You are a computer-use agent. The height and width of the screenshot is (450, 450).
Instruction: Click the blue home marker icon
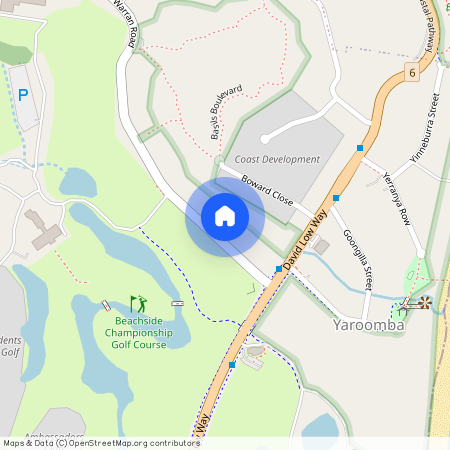coord(225,216)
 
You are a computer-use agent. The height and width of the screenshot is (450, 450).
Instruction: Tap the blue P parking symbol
coord(23,95)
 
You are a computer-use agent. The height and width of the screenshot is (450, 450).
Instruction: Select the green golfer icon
coord(138,302)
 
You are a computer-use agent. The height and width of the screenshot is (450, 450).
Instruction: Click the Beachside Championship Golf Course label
coord(138,332)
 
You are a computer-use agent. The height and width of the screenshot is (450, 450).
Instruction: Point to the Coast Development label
coord(277,159)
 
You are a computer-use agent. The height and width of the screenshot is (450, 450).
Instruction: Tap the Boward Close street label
coord(267,191)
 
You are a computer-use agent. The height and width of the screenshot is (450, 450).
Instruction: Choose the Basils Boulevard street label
coord(227,112)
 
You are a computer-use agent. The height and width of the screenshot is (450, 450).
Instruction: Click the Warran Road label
coord(128,22)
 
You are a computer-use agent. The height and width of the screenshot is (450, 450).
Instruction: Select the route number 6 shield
coord(411,72)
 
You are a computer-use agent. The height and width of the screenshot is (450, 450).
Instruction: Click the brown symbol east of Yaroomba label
coord(425,302)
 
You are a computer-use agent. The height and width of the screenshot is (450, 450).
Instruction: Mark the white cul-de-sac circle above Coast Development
coord(265,139)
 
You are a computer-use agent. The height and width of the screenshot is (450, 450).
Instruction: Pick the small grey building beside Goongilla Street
coord(322,245)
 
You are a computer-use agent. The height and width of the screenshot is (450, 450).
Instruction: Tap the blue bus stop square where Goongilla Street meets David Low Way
coord(337,198)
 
